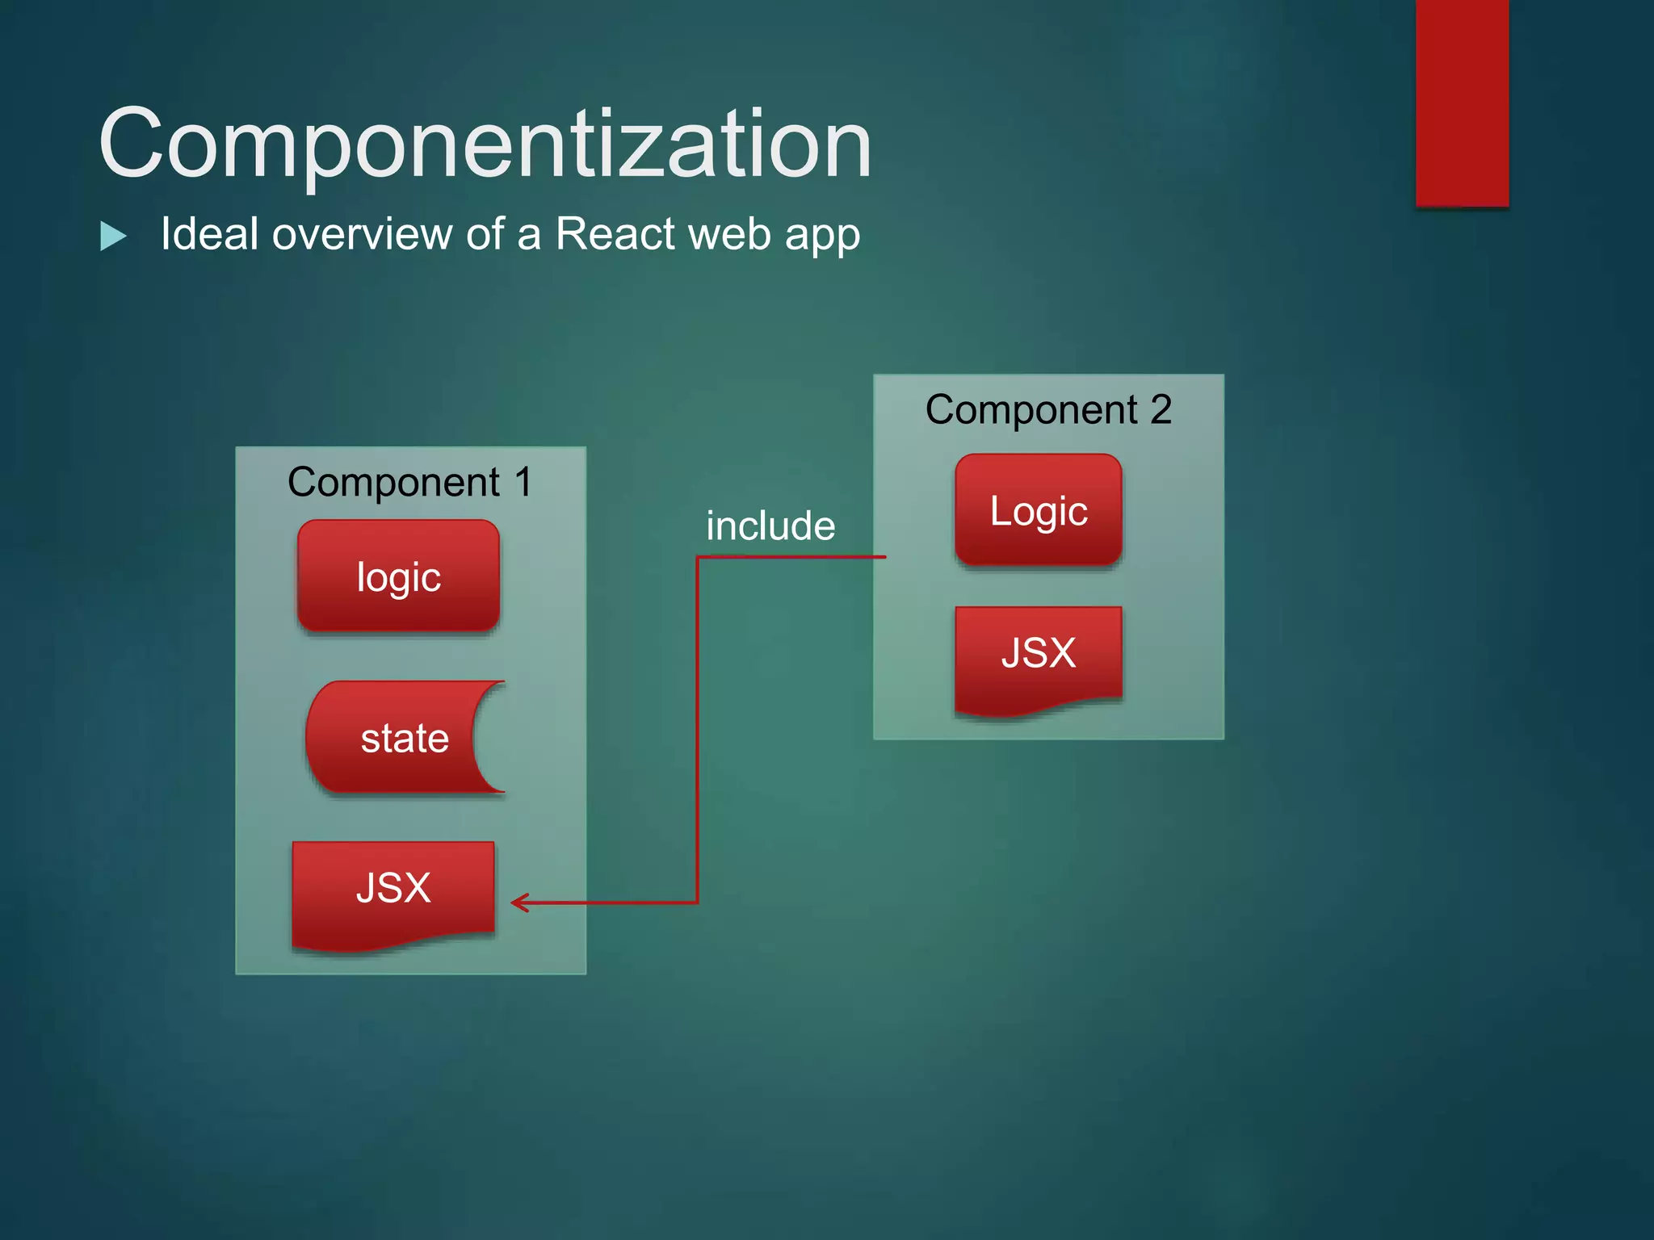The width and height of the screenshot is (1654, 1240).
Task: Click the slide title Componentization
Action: [x=485, y=145]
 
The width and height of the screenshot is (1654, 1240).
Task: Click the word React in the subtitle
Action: [x=615, y=234]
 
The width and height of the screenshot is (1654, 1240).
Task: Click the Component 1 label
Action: [x=409, y=482]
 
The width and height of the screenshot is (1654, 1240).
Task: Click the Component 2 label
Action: [x=1047, y=409]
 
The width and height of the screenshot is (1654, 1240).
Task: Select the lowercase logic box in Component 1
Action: [x=398, y=576]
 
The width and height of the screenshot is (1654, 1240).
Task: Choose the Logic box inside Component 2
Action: [x=1039, y=510]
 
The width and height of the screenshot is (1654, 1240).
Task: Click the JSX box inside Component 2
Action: [x=1039, y=654]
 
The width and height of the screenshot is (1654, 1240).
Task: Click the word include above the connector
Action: [x=770, y=526]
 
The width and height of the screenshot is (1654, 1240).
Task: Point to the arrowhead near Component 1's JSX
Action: [x=518, y=903]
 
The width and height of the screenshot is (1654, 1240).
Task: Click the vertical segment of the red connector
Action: [x=697, y=727]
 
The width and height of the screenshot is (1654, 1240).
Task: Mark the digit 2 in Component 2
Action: [x=1161, y=409]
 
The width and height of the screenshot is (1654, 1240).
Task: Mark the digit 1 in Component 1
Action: [x=523, y=482]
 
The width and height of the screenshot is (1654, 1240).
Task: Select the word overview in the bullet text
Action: [x=362, y=234]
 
